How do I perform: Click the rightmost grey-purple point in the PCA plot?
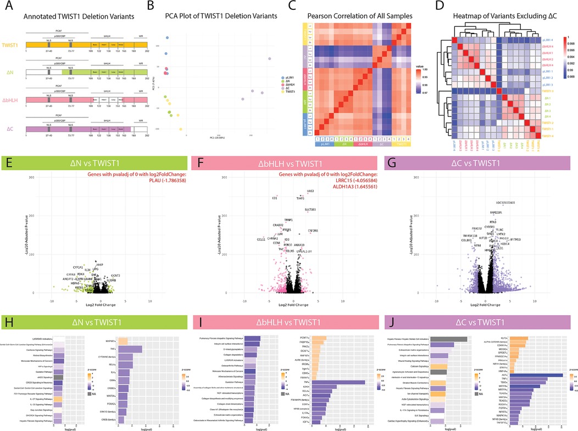[x=270, y=59]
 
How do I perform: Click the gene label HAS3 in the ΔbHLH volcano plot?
[x=310, y=191]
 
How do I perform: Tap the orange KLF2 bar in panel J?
[x=519, y=338]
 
